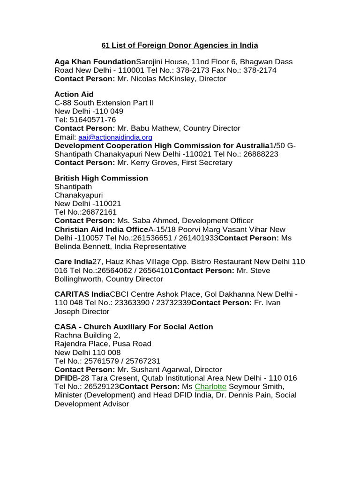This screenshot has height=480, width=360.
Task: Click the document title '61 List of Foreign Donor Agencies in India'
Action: (180, 45)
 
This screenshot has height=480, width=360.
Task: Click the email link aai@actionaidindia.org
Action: (115, 137)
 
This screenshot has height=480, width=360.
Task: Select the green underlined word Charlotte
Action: (210, 387)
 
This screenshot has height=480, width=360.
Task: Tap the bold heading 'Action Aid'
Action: (74, 94)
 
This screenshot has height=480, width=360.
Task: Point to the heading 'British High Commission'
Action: (101, 178)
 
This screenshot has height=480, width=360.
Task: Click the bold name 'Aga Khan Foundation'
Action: (95, 62)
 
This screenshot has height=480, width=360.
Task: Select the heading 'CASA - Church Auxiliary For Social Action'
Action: (134, 327)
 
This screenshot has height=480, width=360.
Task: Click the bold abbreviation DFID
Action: (63, 378)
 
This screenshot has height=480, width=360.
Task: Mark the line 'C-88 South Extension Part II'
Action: (104, 103)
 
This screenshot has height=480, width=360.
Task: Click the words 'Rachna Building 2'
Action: (87, 335)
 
